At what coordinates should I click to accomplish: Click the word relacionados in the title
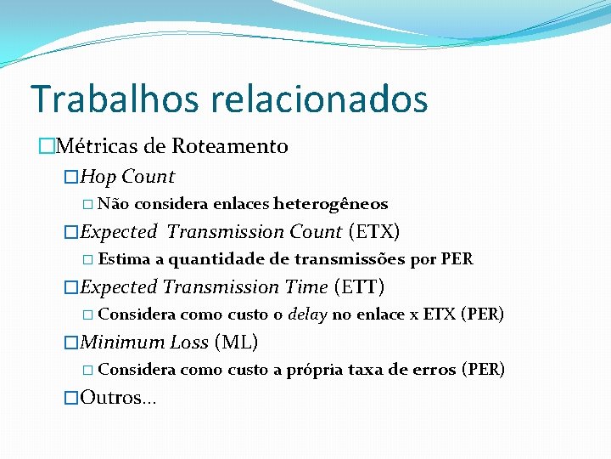[320, 99]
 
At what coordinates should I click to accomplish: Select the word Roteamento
[230, 146]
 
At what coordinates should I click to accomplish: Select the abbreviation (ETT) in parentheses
[359, 287]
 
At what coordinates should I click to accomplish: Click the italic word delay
[308, 314]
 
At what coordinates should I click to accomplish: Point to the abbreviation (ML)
[236, 343]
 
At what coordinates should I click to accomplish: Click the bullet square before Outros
[71, 398]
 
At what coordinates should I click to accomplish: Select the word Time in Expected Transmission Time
[306, 287]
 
